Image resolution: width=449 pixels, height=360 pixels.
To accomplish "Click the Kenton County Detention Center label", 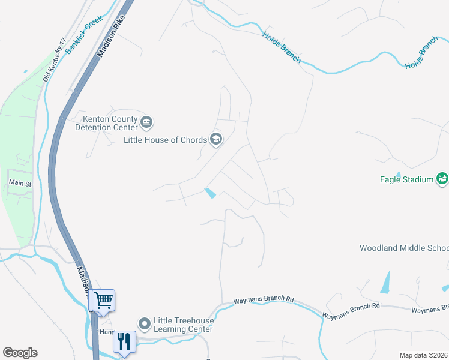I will point(106,123).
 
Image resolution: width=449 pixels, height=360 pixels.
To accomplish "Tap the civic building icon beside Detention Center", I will point(146,123).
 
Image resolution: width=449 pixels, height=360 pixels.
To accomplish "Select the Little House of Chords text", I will point(165,140).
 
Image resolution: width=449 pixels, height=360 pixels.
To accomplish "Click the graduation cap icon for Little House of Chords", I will point(216,140).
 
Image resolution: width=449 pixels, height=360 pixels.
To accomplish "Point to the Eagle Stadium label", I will point(406,179).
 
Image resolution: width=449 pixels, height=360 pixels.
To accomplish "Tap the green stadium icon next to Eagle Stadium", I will point(442,179).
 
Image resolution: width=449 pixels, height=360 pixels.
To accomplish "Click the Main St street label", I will point(20,183).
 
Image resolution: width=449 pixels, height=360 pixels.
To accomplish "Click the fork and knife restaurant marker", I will point(124,342).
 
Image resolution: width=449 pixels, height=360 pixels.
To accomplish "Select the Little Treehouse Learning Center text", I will point(183,325).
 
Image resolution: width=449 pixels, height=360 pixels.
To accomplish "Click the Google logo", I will point(20,353).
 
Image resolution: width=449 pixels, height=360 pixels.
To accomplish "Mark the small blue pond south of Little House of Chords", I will point(211,193).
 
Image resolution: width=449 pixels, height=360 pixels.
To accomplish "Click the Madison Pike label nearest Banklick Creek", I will point(110,35).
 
